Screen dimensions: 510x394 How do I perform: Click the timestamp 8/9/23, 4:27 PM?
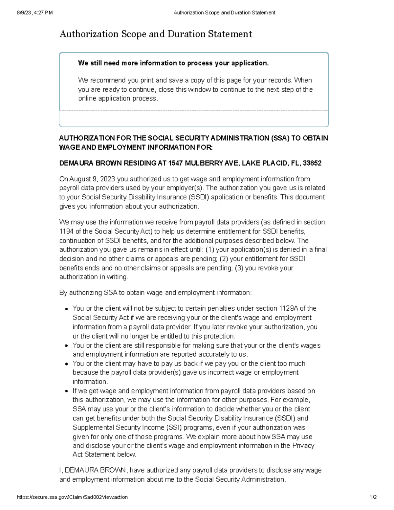[x=34, y=13]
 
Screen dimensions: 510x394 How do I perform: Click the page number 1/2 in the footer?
[x=373, y=497]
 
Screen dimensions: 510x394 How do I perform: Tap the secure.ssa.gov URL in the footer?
[x=72, y=497]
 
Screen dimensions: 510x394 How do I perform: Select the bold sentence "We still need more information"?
[x=173, y=63]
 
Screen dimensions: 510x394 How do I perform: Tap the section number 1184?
[x=66, y=231]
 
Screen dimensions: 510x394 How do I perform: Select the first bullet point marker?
[x=66, y=309]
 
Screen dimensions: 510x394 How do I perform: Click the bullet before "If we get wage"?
[x=66, y=391]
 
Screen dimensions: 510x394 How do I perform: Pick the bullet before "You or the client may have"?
[x=66, y=364]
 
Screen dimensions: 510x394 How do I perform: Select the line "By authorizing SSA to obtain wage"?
[x=155, y=293]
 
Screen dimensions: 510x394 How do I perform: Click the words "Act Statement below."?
[x=104, y=455]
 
